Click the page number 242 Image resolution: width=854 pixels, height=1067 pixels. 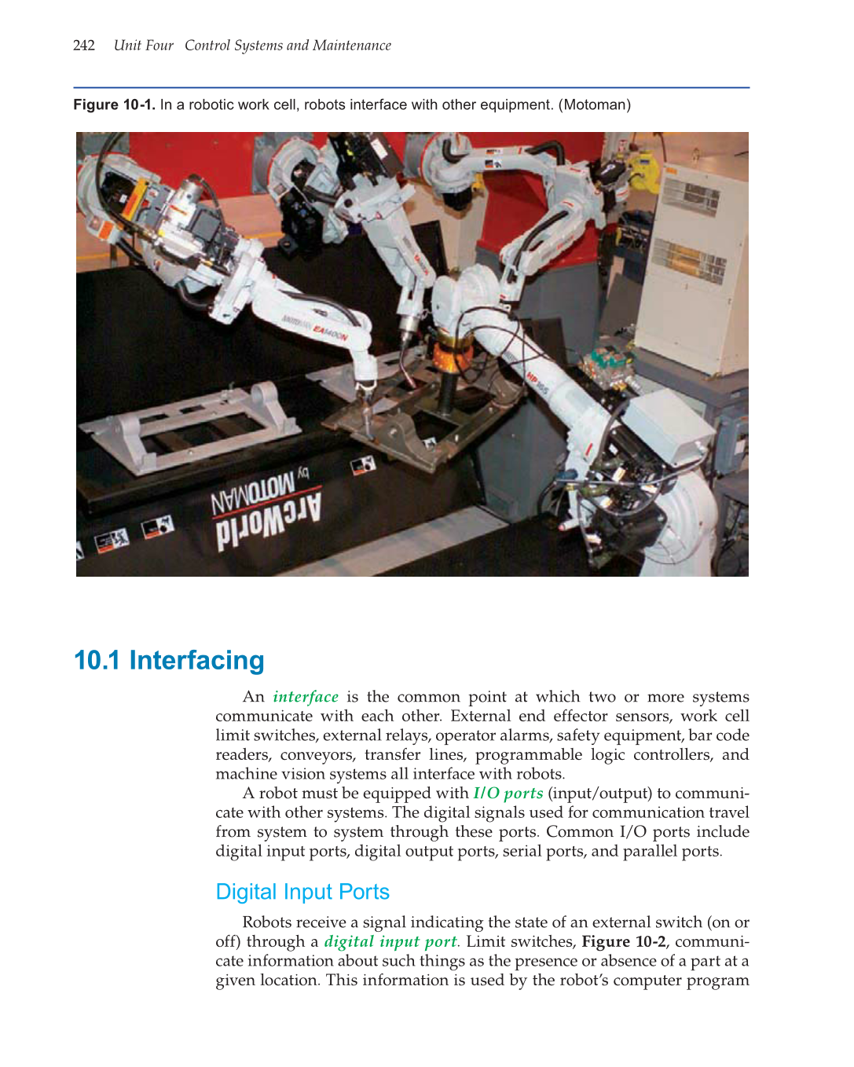tap(83, 46)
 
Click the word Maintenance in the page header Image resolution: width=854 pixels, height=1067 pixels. tap(351, 46)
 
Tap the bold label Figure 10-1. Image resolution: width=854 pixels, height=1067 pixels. tap(114, 105)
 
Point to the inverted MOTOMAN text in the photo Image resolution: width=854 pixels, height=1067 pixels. tap(252, 491)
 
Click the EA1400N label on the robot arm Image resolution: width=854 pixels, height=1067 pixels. tap(330, 332)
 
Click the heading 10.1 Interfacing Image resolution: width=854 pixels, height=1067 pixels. tap(169, 661)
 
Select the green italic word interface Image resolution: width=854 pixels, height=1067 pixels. tap(306, 697)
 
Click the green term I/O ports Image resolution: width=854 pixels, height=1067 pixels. tap(508, 794)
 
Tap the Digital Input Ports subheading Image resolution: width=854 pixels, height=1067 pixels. tap(302, 892)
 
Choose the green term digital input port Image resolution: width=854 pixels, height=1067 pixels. tap(390, 941)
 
